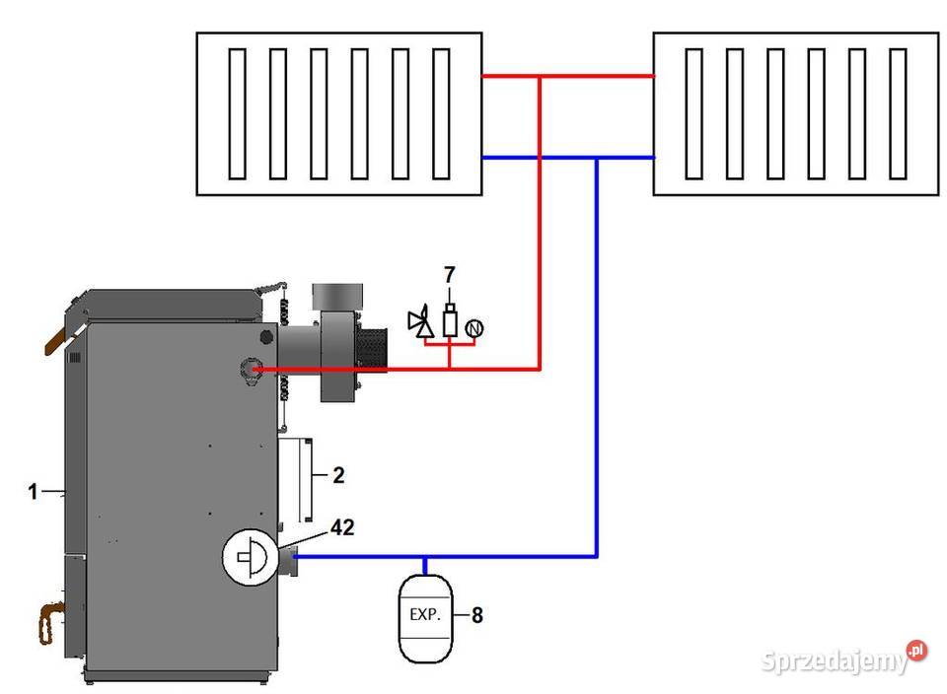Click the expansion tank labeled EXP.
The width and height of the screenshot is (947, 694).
click(425, 618)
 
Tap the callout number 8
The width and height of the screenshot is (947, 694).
click(477, 615)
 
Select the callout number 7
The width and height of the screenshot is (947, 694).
click(450, 275)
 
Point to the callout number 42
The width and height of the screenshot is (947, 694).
click(342, 527)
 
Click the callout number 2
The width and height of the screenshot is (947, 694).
click(338, 475)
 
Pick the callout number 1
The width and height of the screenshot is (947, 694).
click(33, 491)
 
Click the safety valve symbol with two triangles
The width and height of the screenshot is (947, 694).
click(421, 321)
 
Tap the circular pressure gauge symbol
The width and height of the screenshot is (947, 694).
click(474, 328)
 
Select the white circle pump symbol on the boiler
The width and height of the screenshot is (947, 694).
click(250, 557)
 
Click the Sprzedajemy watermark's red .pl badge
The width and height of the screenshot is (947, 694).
click(916, 651)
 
